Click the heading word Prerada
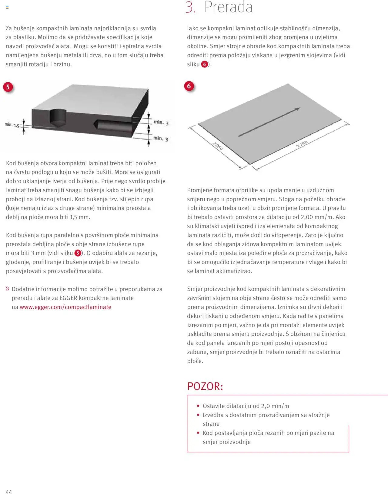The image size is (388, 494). [228, 7]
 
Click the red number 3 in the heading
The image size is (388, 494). [190, 7]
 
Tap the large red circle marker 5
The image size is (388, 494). [8, 87]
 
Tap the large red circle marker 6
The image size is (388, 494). [189, 86]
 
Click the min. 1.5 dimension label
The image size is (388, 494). [12, 125]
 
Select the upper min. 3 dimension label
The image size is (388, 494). [161, 123]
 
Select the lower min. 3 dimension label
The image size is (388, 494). [160, 139]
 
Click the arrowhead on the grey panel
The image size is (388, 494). [297, 109]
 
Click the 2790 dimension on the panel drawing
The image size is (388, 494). [302, 144]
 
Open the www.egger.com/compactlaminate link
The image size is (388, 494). [65, 307]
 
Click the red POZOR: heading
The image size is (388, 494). [205, 386]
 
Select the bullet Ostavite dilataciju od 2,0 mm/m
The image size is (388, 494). [246, 406]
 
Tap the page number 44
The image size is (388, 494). [9, 492]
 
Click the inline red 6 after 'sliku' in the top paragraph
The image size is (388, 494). [205, 64]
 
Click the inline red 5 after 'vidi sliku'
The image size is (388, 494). [78, 253]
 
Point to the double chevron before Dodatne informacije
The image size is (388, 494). [8, 289]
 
